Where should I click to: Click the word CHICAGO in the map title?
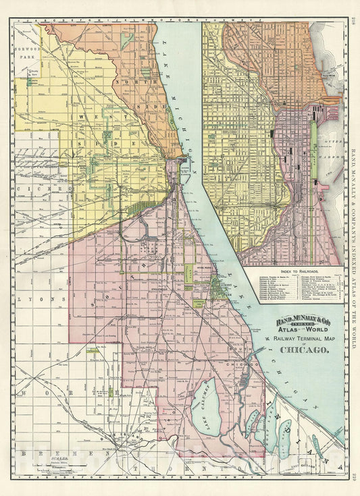pyautogui.click(x=301, y=350)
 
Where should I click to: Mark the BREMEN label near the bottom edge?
pyautogui.click(x=42, y=453)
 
